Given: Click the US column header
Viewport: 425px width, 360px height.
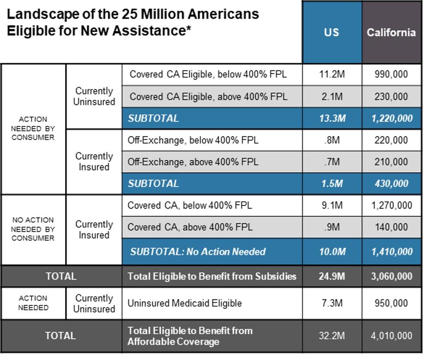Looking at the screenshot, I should coord(331,33).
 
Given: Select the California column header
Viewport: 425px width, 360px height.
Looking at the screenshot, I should coord(391,33).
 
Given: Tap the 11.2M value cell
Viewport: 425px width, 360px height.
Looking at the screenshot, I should coord(332,74).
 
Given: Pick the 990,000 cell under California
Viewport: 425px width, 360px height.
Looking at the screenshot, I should coord(391,74).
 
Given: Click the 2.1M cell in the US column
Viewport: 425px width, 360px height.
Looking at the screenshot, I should coord(332,97).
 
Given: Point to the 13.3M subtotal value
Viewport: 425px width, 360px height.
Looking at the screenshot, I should coord(332,119).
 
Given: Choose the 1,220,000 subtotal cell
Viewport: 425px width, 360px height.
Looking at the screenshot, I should coord(392,119).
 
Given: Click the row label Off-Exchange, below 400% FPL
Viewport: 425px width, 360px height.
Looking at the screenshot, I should coord(193,140).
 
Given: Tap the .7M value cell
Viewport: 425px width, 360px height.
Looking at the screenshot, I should coord(332,162).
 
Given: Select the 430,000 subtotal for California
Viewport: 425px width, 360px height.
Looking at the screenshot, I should coord(392,184).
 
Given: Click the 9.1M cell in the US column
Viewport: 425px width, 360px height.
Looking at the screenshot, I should coord(332,205).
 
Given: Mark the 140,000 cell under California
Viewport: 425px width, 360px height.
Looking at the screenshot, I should coord(391,227).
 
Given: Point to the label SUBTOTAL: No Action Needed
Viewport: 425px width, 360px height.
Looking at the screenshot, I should coord(198,252).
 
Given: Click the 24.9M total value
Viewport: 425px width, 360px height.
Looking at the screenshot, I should coord(332,277).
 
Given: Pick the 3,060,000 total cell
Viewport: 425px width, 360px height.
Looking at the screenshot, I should coord(392,277).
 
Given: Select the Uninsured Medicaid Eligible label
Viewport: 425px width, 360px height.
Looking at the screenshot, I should coord(184,303).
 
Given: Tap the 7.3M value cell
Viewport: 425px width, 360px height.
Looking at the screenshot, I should coord(332,303).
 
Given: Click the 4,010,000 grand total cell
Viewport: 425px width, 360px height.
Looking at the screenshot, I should coord(392,336).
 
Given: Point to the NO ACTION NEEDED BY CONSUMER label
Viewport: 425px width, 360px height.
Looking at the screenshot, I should coord(33,229).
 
